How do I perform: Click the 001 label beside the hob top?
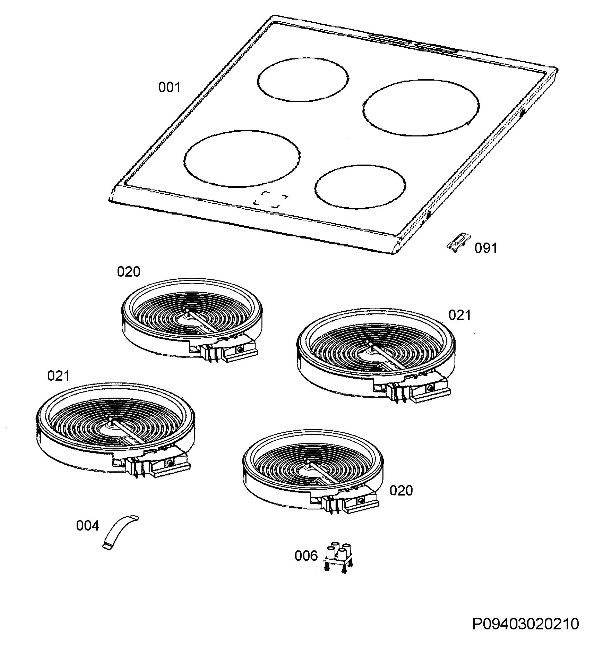coord(170,87)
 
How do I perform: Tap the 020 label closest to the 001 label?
coord(128,272)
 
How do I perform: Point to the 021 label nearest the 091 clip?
coord(460,315)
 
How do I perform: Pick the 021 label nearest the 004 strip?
coord(58,375)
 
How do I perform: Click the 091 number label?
coord(486,248)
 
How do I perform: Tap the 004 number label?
coord(88,526)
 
